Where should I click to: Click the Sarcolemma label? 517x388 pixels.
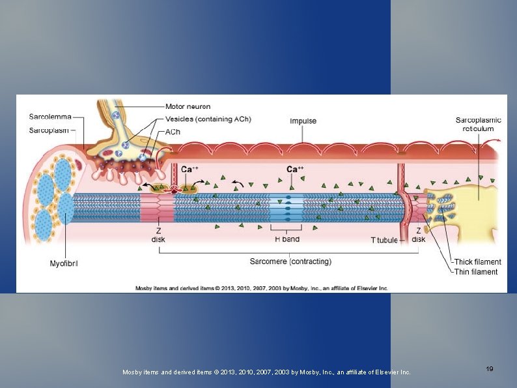coord(50,117)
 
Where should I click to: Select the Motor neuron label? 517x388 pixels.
coord(188,106)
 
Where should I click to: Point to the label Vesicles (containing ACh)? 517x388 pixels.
coord(208,119)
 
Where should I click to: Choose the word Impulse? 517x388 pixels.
coord(303,121)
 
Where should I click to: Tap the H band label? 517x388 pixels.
coord(286,239)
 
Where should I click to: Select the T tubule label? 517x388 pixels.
coord(384,240)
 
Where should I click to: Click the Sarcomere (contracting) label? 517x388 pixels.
coord(290,261)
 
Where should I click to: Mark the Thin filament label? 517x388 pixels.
coord(476,272)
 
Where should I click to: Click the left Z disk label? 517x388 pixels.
coord(158,235)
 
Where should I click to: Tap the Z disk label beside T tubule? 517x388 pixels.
coord(419,235)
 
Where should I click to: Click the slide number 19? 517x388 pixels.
coord(489,369)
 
